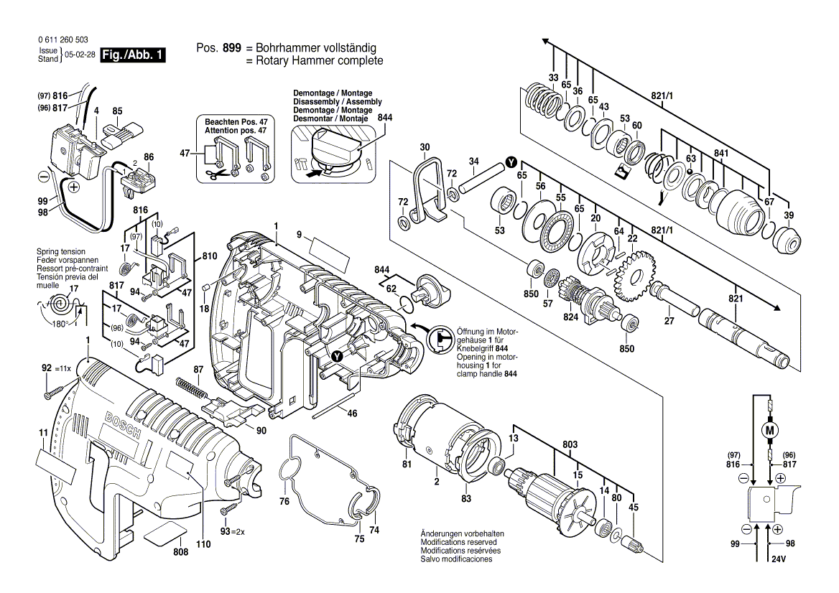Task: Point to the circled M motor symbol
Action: pyautogui.click(x=771, y=431)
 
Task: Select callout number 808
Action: pyautogui.click(x=160, y=551)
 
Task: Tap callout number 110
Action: pyautogui.click(x=203, y=545)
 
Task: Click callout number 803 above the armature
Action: pyautogui.click(x=570, y=446)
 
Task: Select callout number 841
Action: pyautogui.click(x=721, y=153)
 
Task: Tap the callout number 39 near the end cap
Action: pyautogui.click(x=789, y=216)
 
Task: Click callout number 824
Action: pyautogui.click(x=571, y=317)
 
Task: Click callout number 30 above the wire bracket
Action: pyautogui.click(x=425, y=147)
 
